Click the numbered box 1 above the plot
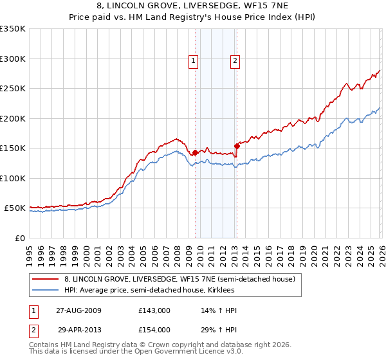tap(193, 61)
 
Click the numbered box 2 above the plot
tap(235, 61)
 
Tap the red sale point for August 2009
tap(196, 152)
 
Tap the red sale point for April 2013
tap(237, 146)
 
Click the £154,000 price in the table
tap(154, 330)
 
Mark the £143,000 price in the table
tap(154, 310)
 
